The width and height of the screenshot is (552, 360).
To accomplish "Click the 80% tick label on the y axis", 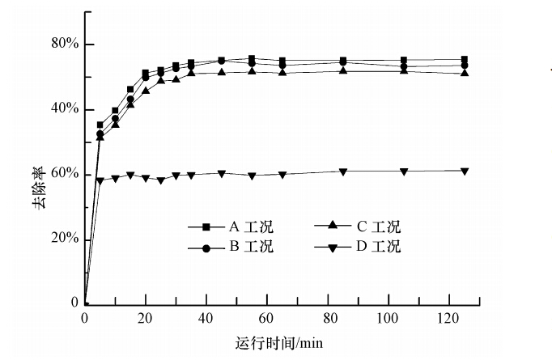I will [63, 44].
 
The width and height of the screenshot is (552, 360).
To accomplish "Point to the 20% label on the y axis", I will [63, 239].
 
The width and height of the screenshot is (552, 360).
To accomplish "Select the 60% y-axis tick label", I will [63, 174].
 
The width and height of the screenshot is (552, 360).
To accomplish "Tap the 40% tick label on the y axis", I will [63, 109].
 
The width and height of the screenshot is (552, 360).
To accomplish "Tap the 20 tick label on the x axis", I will [146, 318].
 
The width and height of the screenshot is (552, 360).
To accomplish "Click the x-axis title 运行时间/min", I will [279, 342].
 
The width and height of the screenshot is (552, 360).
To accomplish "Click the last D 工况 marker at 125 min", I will [464, 171].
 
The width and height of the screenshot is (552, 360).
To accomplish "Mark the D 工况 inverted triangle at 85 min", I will [343, 172].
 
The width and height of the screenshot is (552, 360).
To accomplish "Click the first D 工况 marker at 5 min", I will [100, 180].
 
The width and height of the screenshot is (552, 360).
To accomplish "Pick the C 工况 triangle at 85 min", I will [343, 70].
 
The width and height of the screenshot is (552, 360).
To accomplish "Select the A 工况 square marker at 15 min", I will [130, 89].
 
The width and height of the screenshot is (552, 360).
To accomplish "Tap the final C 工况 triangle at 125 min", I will [464, 73].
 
